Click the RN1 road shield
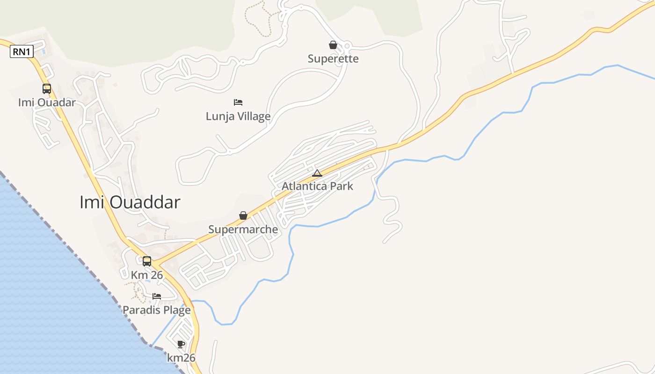click(22, 52)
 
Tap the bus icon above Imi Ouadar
click(47, 88)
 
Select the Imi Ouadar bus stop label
click(47, 102)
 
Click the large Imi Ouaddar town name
click(130, 202)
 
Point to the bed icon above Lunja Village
click(238, 102)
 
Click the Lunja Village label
click(238, 116)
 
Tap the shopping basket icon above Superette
click(333, 45)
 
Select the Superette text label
click(333, 59)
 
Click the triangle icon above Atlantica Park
click(317, 173)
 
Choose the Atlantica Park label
click(317, 186)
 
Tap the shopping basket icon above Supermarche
click(243, 216)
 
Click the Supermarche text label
click(243, 230)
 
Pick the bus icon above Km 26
click(147, 261)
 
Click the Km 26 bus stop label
click(147, 275)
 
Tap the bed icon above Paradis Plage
click(157, 296)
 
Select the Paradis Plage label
click(157, 310)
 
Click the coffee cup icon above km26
click(181, 345)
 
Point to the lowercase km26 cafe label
click(181, 358)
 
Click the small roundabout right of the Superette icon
click(347, 46)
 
